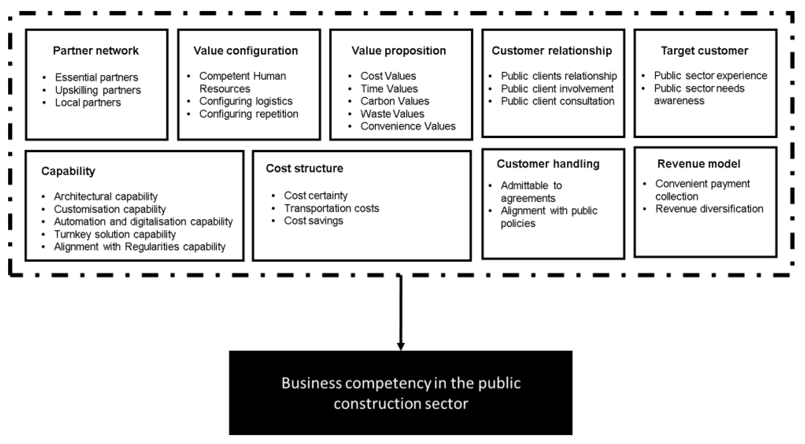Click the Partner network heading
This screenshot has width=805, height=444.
tap(96, 51)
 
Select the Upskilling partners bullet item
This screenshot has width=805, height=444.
tap(98, 90)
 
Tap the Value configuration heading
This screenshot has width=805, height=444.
tap(246, 51)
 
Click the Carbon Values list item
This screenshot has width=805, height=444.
tap(395, 101)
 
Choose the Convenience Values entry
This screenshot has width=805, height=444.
tap(408, 126)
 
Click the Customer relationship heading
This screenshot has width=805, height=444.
tap(552, 51)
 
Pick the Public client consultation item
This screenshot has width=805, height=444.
tap(558, 101)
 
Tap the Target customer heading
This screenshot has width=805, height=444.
tap(704, 51)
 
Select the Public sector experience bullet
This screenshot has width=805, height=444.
tap(710, 76)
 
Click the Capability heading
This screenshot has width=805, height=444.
tap(68, 171)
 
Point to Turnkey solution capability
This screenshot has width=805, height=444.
tap(115, 234)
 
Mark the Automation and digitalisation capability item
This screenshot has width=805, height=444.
tap(143, 221)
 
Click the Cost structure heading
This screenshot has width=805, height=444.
tap(304, 168)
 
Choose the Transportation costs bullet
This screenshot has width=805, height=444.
tap(331, 208)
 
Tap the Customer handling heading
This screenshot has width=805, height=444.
tap(548, 164)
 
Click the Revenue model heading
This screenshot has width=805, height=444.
tap(699, 164)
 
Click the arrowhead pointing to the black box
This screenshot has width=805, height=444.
tap(401, 346)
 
